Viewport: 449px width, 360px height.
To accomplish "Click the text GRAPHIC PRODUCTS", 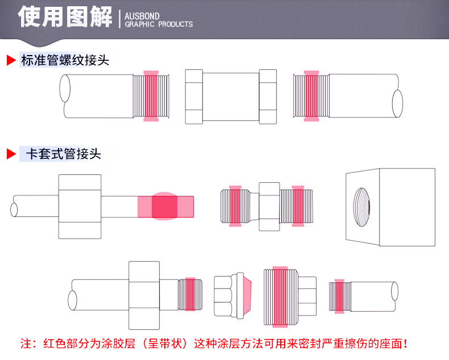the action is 159,24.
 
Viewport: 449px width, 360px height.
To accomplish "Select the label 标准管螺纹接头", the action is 65,60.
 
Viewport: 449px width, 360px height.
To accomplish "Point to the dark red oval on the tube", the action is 165,206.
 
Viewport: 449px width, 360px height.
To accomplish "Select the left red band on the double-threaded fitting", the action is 235,206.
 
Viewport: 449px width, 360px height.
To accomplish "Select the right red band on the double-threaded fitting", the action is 297,206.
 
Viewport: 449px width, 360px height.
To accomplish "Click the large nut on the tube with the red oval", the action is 80,206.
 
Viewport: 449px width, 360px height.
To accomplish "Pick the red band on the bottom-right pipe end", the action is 339,296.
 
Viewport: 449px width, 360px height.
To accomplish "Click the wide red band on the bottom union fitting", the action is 280,296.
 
